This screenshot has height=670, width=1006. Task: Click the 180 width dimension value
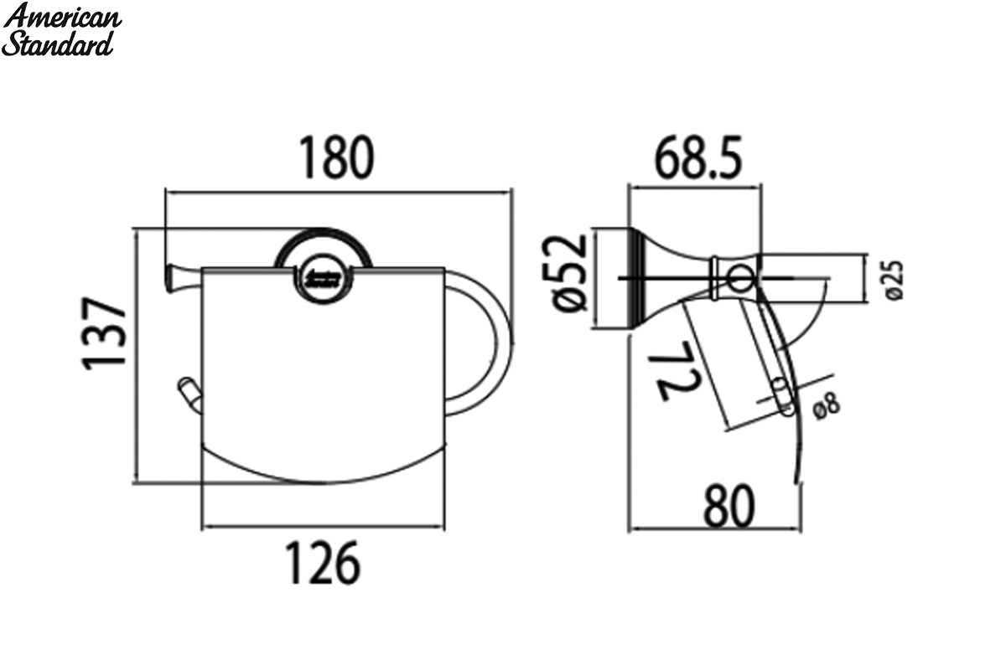[336, 158]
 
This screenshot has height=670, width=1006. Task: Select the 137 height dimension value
[104, 333]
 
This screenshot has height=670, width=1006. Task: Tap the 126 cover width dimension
[323, 562]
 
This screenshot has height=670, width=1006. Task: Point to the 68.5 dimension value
[697, 158]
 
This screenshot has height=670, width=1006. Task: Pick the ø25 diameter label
[894, 281]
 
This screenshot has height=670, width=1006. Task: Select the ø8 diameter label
[827, 405]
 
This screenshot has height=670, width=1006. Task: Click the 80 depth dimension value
[729, 506]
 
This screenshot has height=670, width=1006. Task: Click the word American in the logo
[62, 18]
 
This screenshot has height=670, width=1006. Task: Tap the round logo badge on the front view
[324, 281]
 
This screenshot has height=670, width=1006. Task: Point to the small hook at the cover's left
[190, 394]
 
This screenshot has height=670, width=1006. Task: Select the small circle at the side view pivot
[739, 278]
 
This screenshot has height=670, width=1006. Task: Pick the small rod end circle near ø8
[782, 397]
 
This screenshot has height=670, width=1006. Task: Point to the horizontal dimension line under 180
[338, 193]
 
